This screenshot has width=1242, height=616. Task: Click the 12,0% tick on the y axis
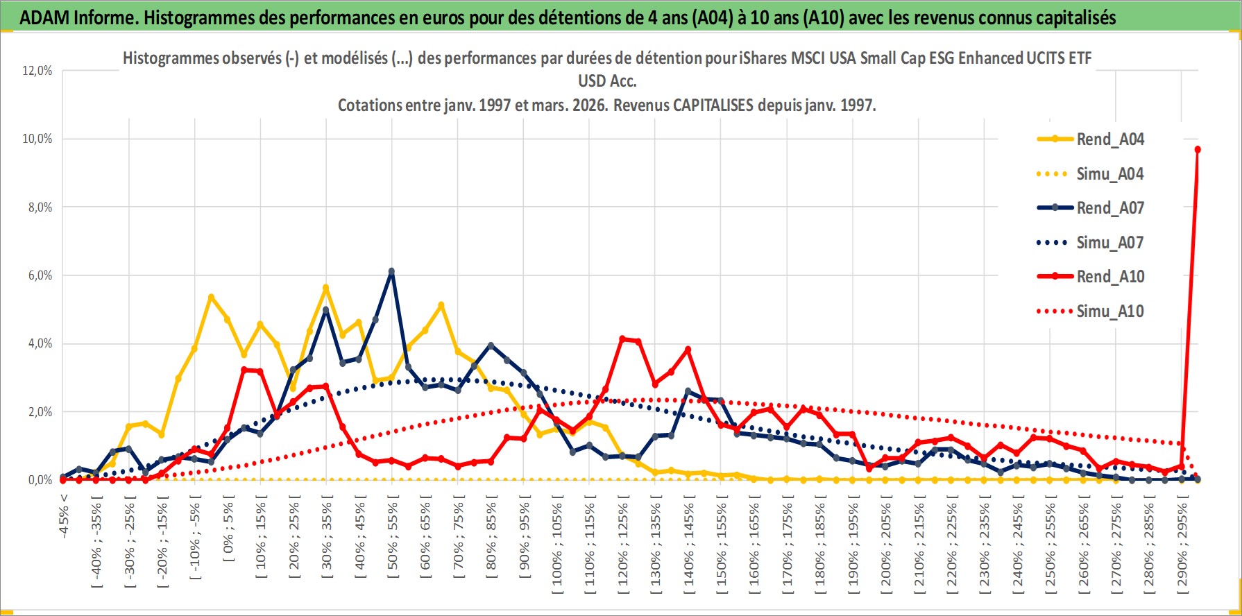coord(37,71)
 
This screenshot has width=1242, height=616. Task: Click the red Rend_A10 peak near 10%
coord(1198,150)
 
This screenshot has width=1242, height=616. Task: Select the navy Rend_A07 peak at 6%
coord(391,271)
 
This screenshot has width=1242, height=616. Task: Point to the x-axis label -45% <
coord(64,517)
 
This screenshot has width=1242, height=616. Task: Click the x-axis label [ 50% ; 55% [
coord(393,538)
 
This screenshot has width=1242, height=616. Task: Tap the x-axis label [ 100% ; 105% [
coord(557,545)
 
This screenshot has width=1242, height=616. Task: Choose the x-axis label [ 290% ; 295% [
coord(1182,545)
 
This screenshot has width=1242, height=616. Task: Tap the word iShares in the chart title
coord(763,58)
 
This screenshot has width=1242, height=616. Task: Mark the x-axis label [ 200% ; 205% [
coord(886,545)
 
